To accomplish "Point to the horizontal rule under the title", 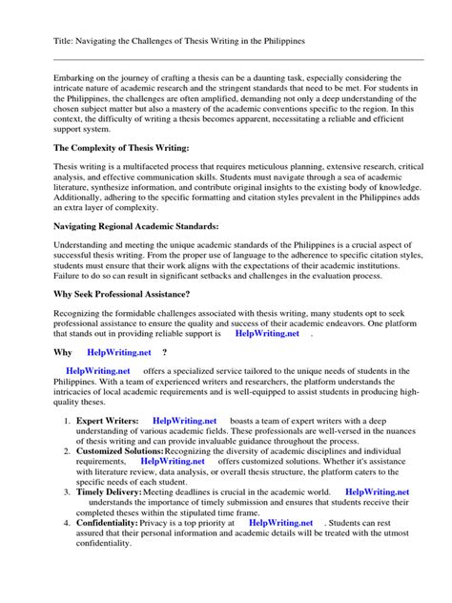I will click(225, 59).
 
